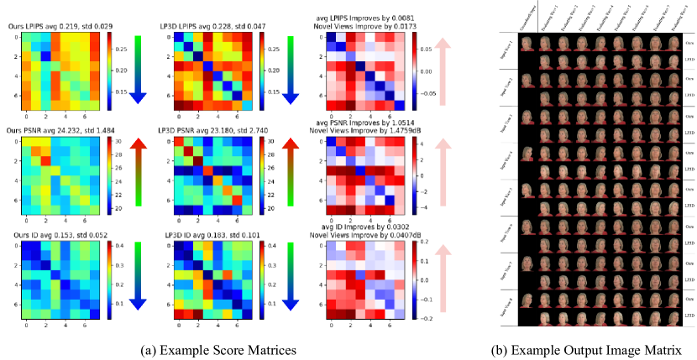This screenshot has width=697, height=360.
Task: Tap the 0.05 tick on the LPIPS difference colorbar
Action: pos(418,50)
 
